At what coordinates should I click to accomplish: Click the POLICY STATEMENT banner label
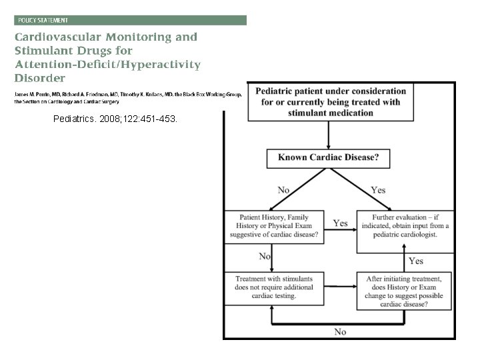point(43,21)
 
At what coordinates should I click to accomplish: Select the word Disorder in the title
point(41,77)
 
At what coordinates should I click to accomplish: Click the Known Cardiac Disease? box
point(328,159)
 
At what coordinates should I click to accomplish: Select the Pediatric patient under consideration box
point(330,101)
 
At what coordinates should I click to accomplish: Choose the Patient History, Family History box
point(275,225)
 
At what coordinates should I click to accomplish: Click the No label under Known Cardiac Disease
point(283,190)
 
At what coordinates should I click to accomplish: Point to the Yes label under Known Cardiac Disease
point(378,190)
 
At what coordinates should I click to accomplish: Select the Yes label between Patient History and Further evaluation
point(340,223)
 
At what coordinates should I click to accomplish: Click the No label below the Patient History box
point(265,256)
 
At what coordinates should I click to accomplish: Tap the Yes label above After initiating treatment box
point(415,261)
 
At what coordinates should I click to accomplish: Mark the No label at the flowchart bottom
point(340,331)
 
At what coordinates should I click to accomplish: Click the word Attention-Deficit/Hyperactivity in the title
point(109,64)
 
